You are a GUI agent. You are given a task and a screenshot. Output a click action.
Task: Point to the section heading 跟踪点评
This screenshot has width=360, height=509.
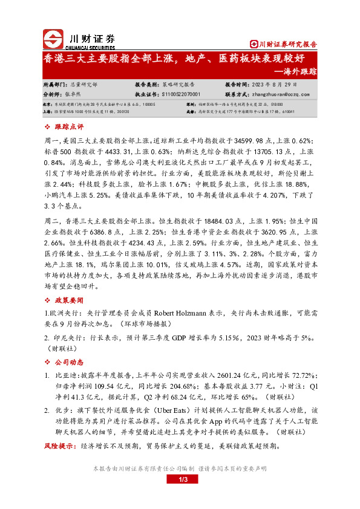69,127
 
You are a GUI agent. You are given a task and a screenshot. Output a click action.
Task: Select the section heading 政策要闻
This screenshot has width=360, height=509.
69,299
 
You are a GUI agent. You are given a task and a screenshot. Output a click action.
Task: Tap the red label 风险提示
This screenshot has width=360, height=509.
60,446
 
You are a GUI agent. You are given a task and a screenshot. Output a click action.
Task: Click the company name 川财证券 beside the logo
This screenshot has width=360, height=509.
89,36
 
